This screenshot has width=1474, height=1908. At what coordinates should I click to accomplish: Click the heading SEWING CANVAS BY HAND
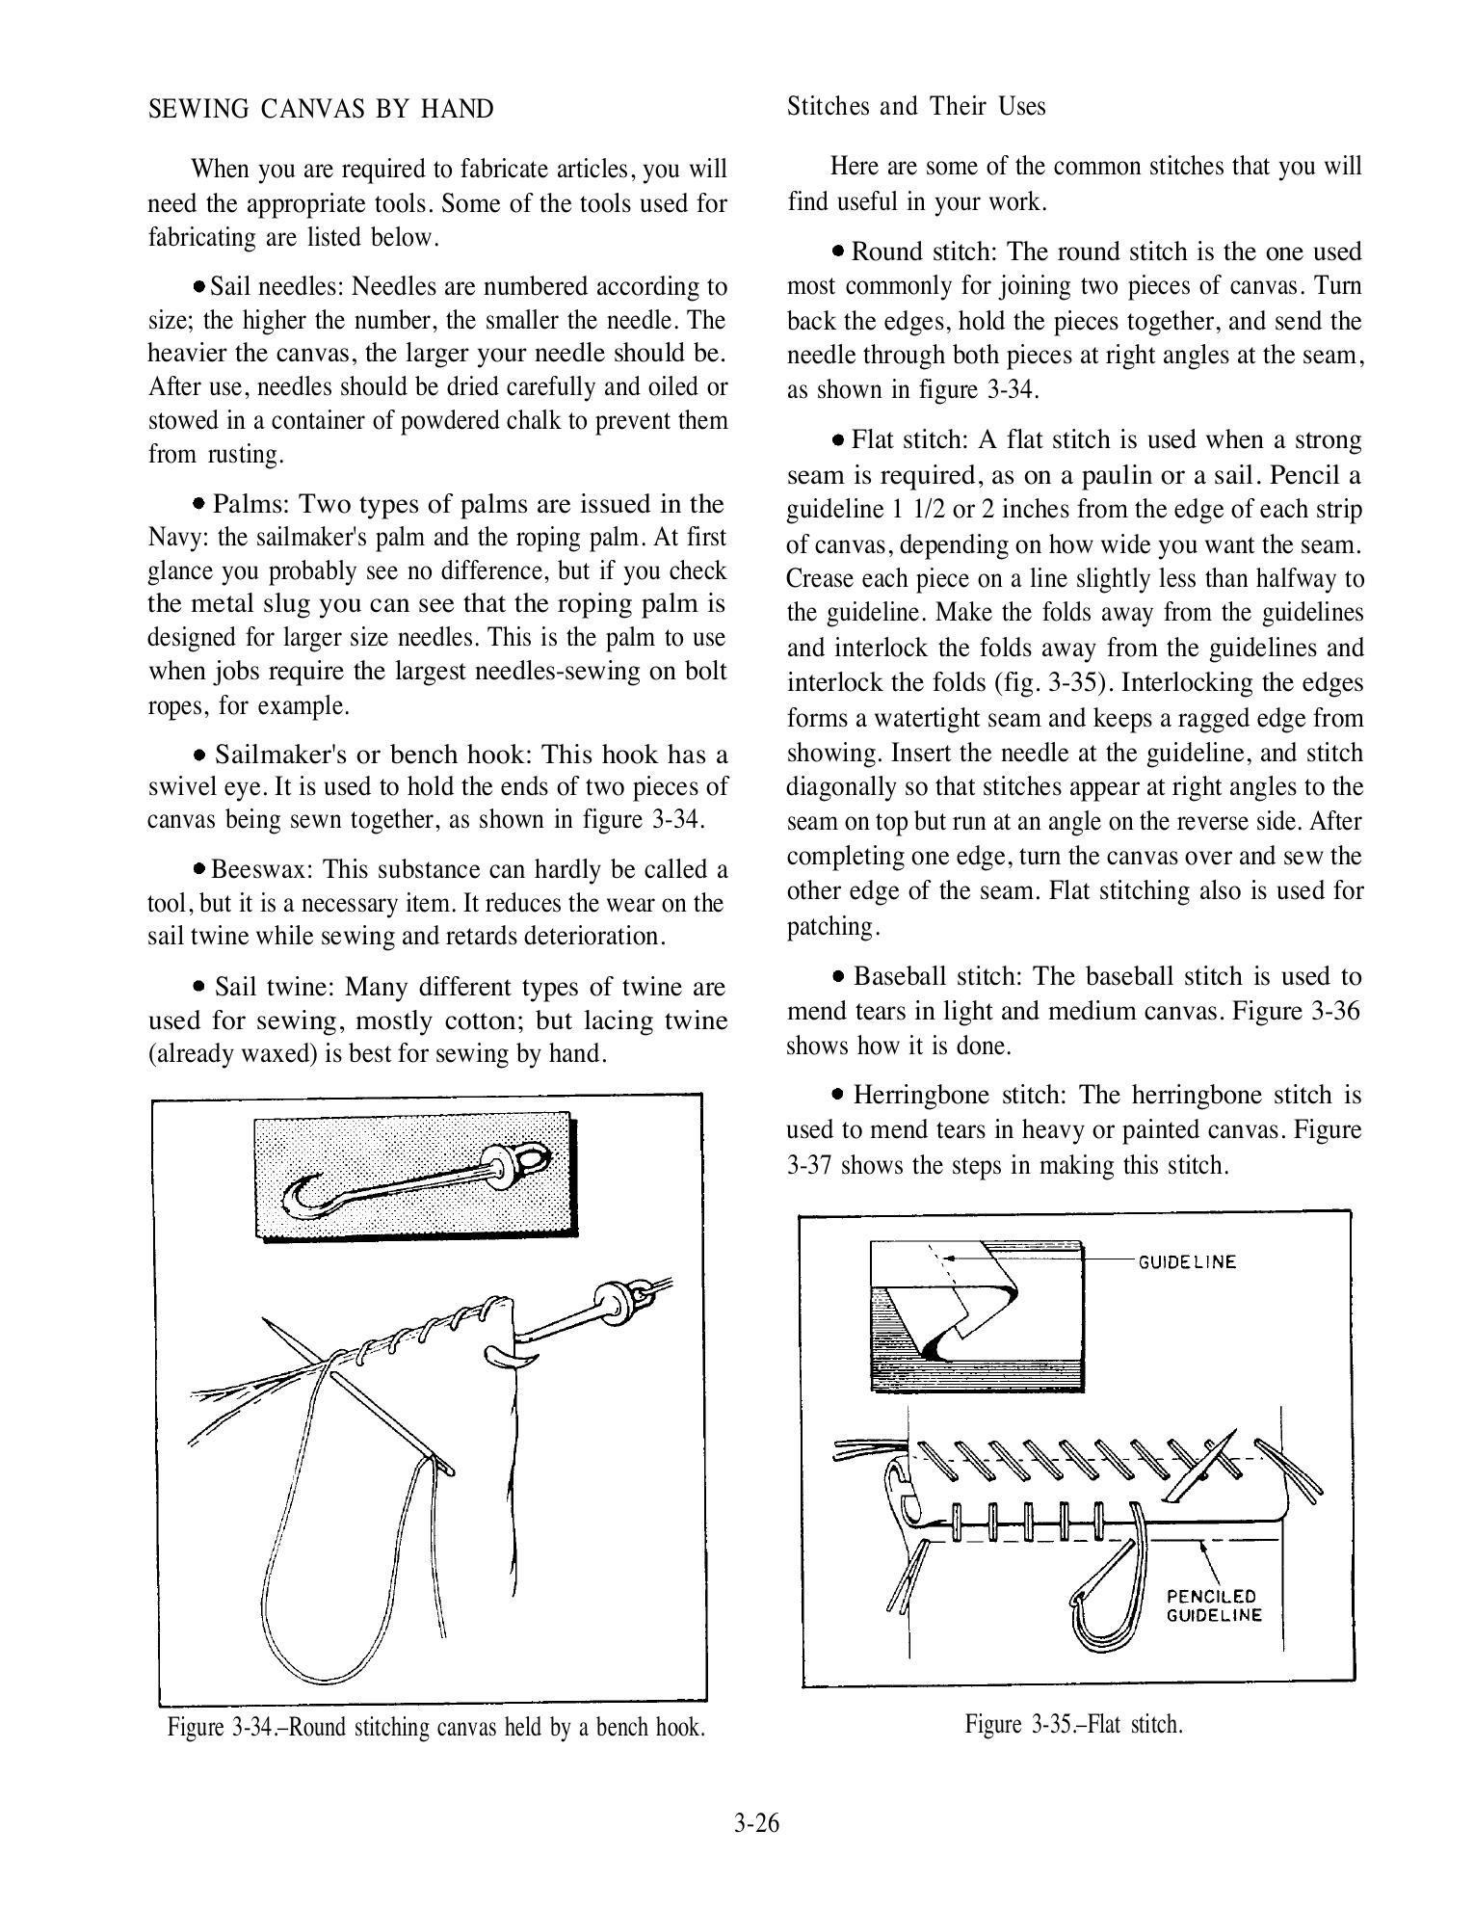click(x=321, y=109)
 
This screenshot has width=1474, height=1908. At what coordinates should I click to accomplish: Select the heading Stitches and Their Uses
click(x=916, y=106)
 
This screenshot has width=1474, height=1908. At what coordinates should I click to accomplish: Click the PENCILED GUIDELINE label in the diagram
click(x=1214, y=1605)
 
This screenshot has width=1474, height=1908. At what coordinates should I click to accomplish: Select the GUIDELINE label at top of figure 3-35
click(x=1187, y=1261)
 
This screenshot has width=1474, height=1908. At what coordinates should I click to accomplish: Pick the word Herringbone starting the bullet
click(x=922, y=1095)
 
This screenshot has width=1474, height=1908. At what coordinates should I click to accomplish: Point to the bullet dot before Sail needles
click(x=198, y=287)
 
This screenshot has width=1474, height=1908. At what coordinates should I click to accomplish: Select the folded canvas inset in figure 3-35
click(x=977, y=1314)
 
